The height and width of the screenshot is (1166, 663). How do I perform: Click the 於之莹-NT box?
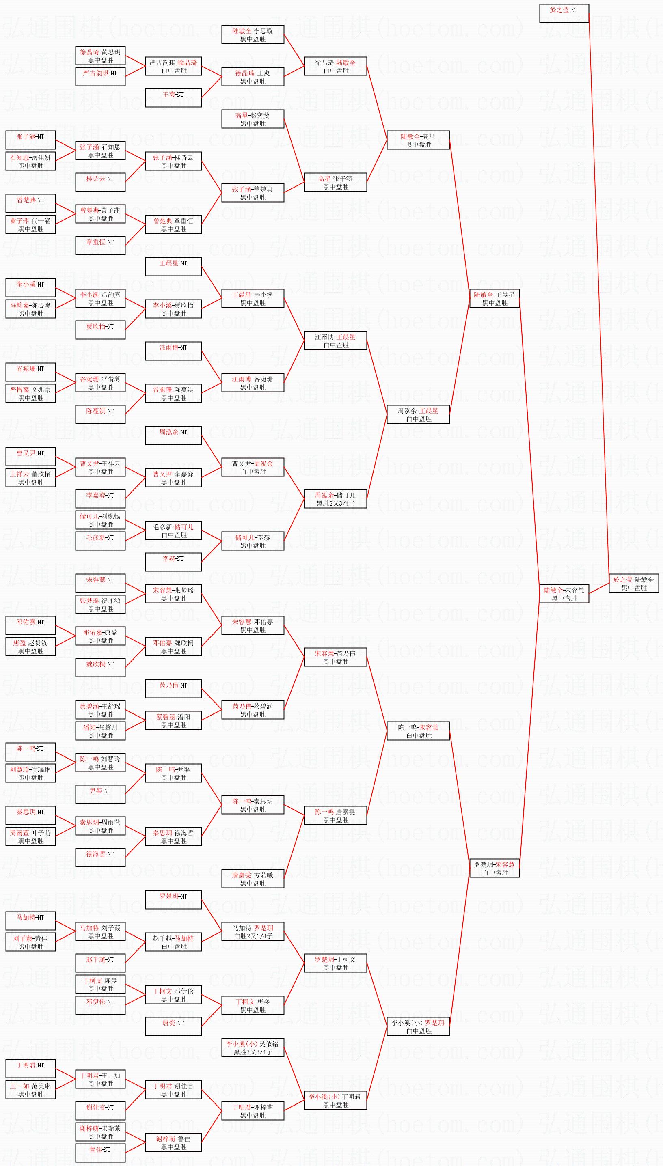click(564, 13)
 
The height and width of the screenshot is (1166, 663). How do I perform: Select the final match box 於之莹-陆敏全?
click(633, 583)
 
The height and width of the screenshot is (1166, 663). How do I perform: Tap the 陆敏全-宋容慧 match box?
click(564, 593)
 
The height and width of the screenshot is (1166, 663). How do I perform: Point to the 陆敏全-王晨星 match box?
click(494, 298)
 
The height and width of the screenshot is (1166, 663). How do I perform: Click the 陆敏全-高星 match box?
click(418, 140)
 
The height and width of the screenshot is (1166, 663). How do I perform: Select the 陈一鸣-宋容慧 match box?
click(418, 731)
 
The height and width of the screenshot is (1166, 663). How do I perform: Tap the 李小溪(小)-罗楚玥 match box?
click(418, 1026)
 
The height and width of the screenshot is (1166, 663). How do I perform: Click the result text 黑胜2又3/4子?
click(336, 503)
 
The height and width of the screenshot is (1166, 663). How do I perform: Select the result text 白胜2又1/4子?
click(253, 936)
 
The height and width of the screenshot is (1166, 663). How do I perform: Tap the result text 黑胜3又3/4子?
click(253, 1052)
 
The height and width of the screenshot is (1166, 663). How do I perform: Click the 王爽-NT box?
click(173, 98)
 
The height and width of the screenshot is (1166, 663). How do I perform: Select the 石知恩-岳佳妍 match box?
click(30, 161)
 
